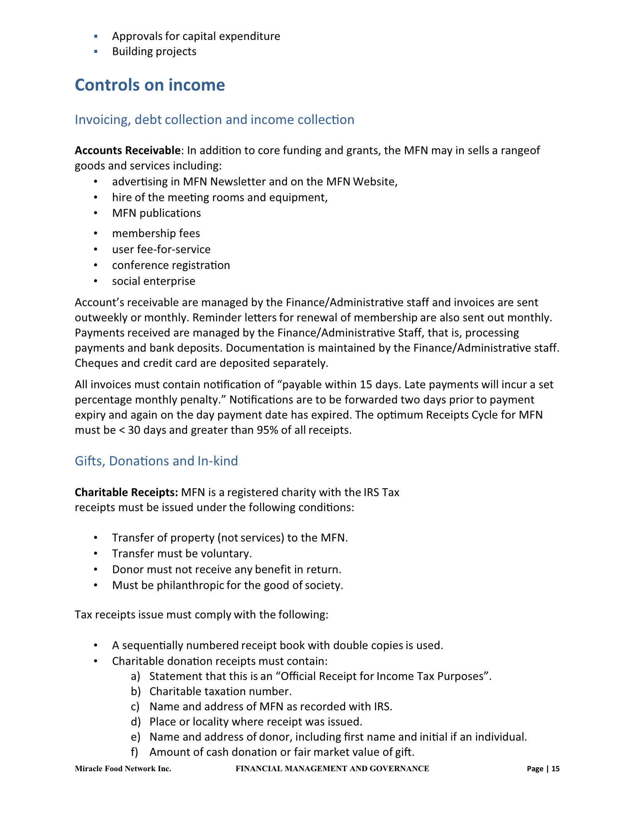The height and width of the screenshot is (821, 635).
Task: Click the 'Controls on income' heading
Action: tap(150, 85)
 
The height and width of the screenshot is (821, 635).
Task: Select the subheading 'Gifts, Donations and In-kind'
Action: tap(156, 461)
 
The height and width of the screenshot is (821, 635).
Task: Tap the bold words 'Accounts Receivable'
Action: tap(128, 150)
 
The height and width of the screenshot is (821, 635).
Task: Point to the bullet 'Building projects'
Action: tap(154, 52)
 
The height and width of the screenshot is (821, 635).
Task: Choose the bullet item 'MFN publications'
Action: tap(156, 213)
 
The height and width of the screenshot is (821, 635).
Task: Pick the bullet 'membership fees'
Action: tap(156, 234)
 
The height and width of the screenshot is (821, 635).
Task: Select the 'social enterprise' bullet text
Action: tap(154, 281)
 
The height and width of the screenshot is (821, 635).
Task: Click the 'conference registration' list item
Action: tap(171, 266)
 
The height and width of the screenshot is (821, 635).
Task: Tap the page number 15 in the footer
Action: tap(556, 769)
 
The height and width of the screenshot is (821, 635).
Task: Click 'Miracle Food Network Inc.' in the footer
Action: tap(123, 769)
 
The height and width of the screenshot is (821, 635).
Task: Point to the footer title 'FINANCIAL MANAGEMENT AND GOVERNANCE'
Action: tap(332, 769)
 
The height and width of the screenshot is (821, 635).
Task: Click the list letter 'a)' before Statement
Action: tap(135, 676)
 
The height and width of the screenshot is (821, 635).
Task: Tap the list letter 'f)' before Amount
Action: tap(135, 752)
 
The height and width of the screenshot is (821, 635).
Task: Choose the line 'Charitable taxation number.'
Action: tap(220, 692)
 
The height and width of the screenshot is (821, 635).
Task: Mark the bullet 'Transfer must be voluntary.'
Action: tap(182, 554)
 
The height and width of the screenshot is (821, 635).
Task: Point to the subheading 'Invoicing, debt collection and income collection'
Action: tap(214, 120)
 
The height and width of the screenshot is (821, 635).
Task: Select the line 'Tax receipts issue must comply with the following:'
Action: tap(202, 615)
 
